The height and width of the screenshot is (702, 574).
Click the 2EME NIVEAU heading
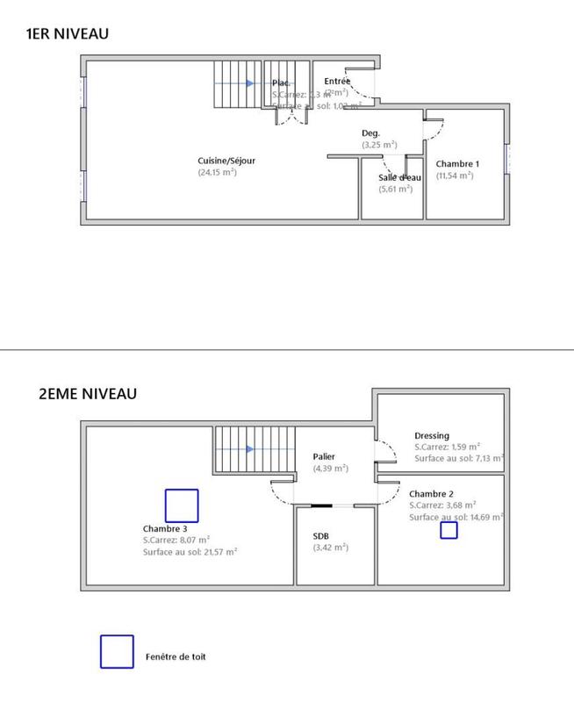[x=88, y=394]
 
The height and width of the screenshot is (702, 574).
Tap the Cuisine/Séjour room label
[x=226, y=161]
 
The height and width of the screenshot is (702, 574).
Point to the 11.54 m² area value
[x=454, y=175]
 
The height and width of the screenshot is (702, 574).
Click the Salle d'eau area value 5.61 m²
[x=395, y=189]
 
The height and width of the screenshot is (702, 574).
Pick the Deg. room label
[x=370, y=133]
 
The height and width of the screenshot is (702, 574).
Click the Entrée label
[x=337, y=81]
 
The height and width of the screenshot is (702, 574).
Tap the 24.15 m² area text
[x=217, y=173]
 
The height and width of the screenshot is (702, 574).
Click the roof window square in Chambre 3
[x=182, y=505]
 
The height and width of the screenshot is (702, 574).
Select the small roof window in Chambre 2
[x=448, y=529]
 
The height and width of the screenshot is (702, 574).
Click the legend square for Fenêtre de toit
[x=117, y=652]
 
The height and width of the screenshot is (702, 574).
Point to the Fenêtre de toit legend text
[x=176, y=656]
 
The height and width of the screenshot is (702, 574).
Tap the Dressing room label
[x=432, y=435]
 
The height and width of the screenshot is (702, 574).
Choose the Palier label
[x=325, y=457]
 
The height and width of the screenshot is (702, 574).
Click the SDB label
[x=321, y=536]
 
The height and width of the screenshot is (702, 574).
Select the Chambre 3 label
[x=165, y=528]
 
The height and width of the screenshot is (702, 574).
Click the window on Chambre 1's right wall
[x=506, y=160]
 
